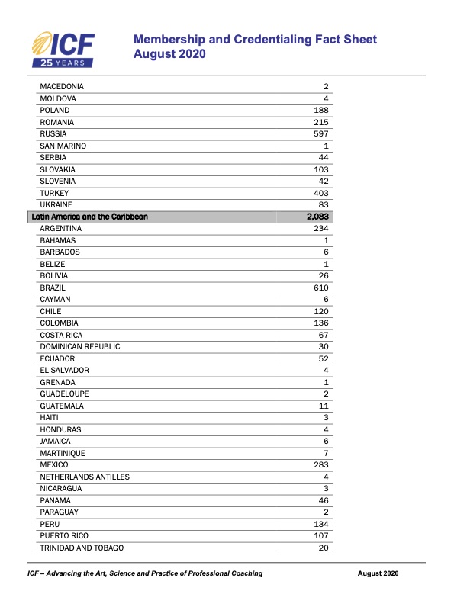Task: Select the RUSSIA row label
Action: pos(53,134)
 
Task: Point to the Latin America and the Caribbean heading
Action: pos(89,217)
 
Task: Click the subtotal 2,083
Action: pos(317,217)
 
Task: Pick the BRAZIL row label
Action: pos(53,288)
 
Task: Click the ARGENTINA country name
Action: pos(60,229)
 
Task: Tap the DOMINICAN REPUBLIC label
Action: pos(80,347)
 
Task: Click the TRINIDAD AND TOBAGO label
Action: pos(82,548)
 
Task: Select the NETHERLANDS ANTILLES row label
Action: pos(85,477)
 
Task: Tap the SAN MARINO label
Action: pos(63,146)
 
